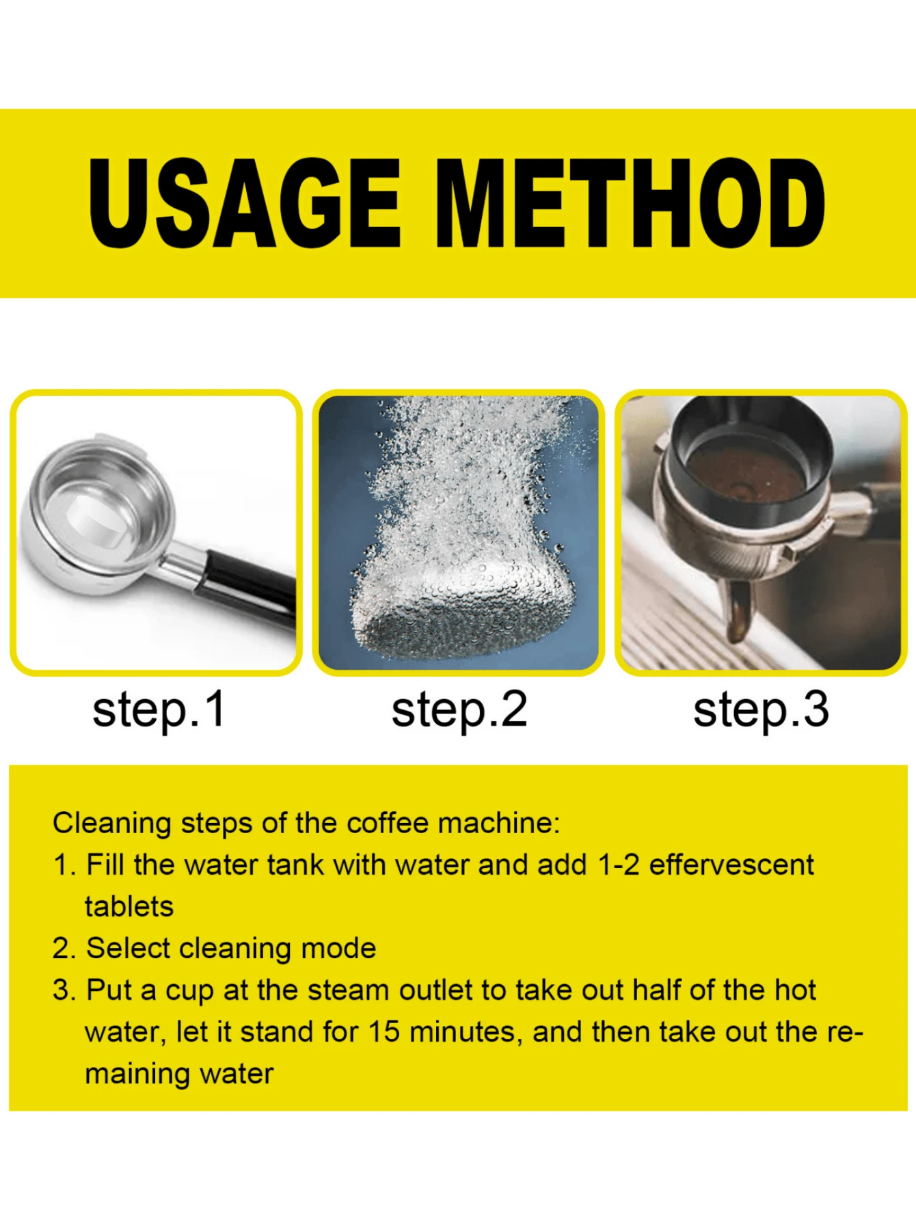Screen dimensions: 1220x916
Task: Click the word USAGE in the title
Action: (x=244, y=203)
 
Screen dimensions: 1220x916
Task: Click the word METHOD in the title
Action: (x=630, y=203)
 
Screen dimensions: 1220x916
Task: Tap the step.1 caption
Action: (x=159, y=711)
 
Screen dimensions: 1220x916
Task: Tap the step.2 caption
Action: (x=459, y=711)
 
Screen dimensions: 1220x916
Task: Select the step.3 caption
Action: (x=761, y=711)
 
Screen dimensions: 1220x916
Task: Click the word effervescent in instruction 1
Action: (x=731, y=865)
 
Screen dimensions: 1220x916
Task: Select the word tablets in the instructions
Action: (x=129, y=907)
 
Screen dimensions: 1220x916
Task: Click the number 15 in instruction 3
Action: (x=383, y=1032)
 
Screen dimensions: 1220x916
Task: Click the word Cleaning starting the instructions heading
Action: (x=112, y=824)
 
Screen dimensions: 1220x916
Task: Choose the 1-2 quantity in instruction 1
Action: (x=618, y=865)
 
